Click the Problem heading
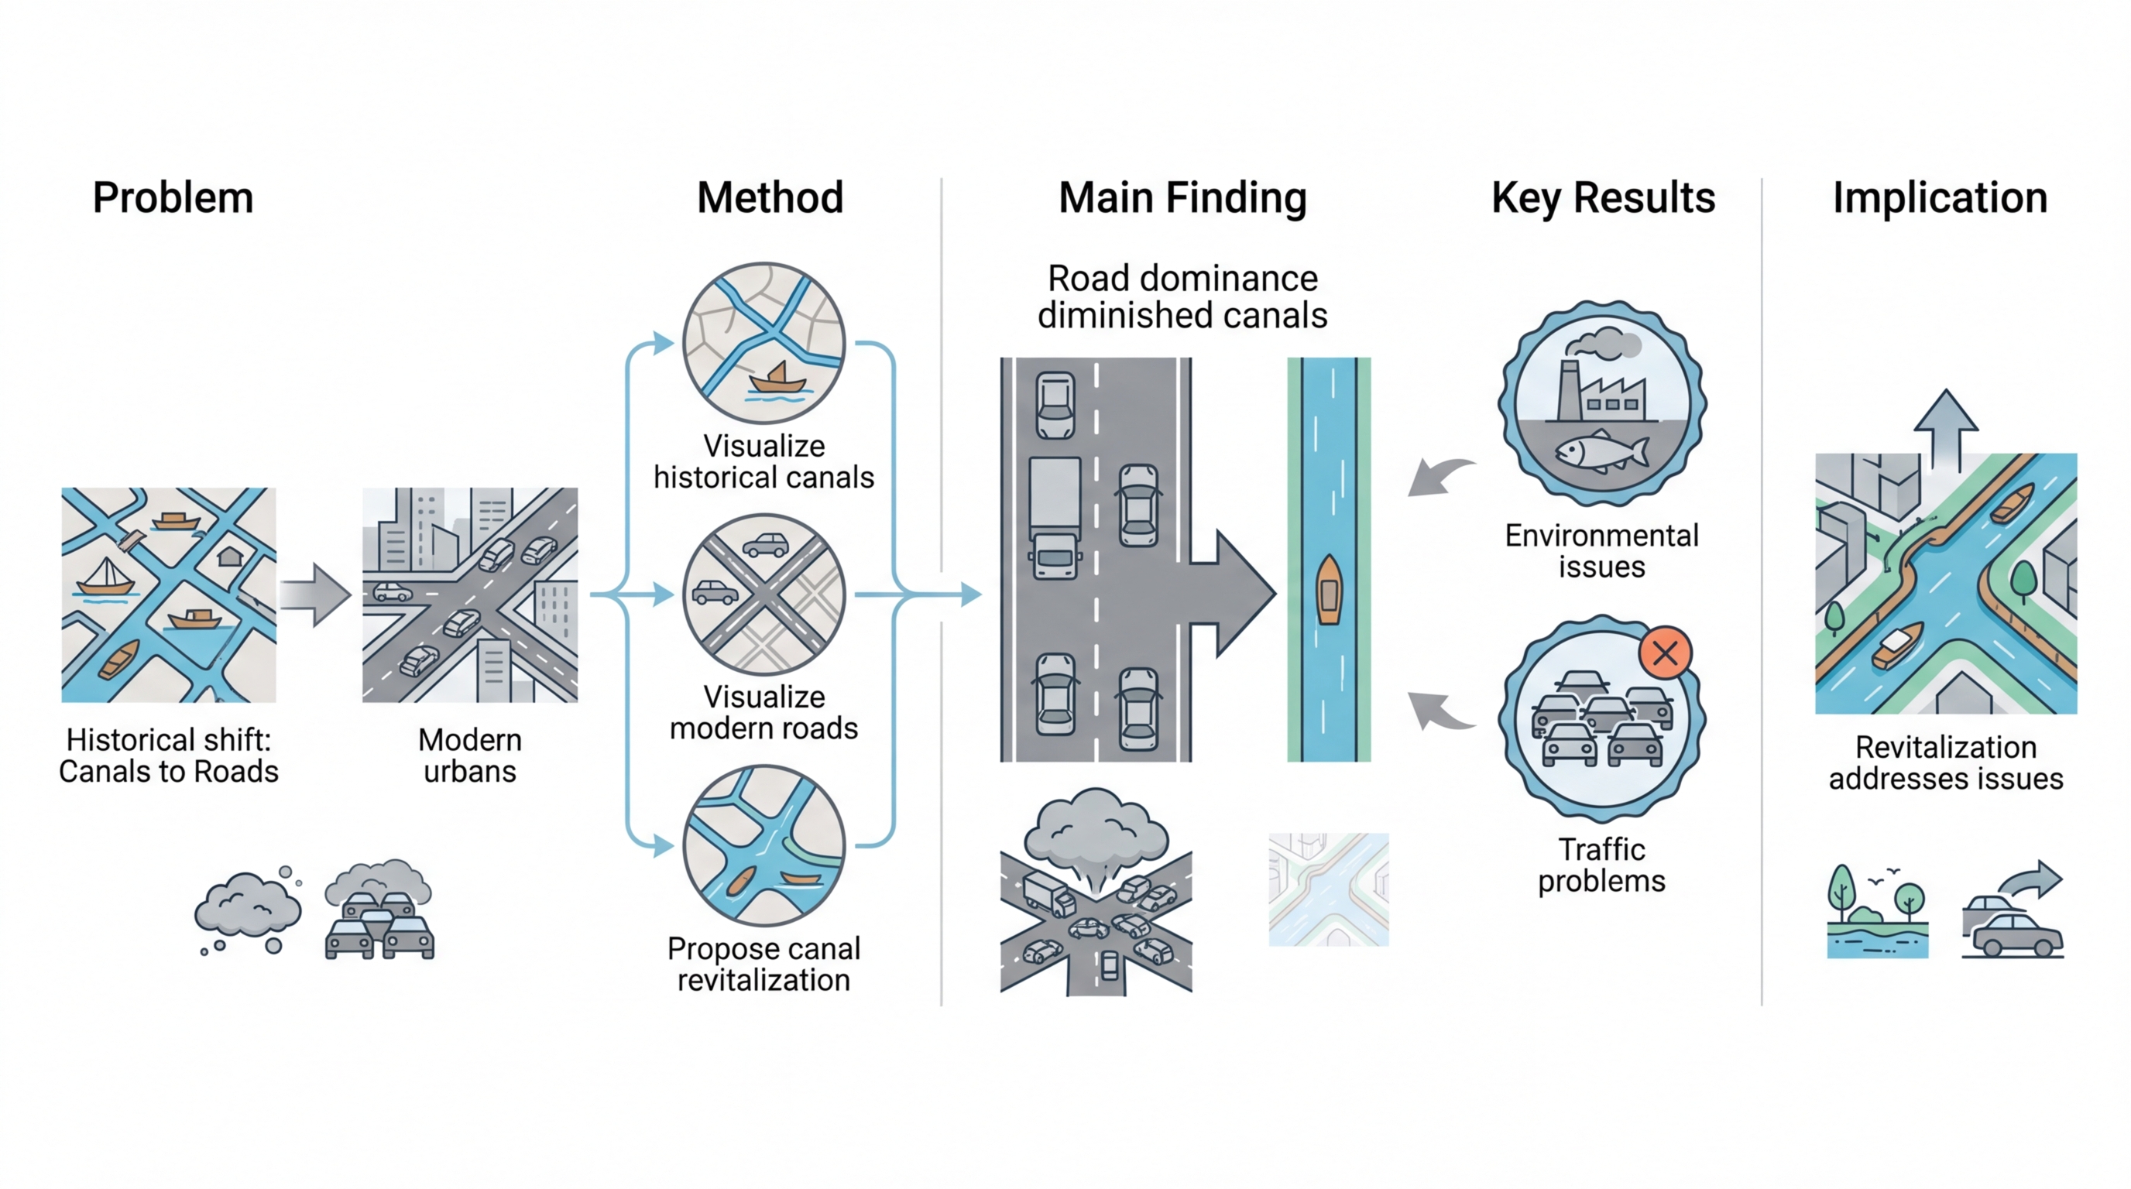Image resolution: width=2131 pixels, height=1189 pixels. point(173,198)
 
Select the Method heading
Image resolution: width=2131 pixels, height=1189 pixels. point(770,198)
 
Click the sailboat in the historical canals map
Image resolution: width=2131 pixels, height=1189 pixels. point(106,577)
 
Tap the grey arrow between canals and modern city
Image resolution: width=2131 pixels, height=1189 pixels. point(315,594)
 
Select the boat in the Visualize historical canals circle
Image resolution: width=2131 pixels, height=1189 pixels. point(777,378)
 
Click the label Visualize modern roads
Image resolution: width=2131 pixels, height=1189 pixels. point(764,713)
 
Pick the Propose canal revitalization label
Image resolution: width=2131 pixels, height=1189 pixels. point(764,964)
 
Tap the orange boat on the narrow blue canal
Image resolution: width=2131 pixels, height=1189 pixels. point(1329,590)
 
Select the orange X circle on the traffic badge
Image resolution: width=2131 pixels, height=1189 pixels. point(1666,653)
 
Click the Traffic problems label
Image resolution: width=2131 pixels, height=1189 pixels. point(1601,865)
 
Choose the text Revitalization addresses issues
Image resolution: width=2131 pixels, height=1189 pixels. point(1946,762)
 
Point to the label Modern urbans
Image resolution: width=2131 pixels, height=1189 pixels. point(470,756)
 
